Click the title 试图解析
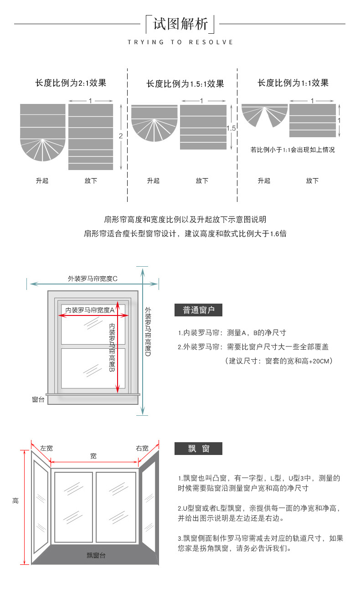click(x=180, y=24)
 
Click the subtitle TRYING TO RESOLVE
click(x=180, y=42)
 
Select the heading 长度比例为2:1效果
click(x=71, y=83)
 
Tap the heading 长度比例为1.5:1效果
click(x=185, y=84)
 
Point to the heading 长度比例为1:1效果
click(x=293, y=83)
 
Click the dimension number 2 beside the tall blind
click(x=121, y=136)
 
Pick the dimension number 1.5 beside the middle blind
click(x=231, y=129)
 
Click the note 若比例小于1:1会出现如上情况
click(x=293, y=150)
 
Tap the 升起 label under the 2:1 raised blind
click(x=42, y=181)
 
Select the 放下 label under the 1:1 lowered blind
click(x=312, y=181)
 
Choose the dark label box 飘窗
click(x=199, y=449)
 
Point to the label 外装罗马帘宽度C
click(x=93, y=279)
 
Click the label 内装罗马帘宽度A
click(x=89, y=310)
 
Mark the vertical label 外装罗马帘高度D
click(x=148, y=332)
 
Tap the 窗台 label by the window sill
click(x=38, y=399)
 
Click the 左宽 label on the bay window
click(x=46, y=449)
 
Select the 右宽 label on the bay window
click(x=142, y=449)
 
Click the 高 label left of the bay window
click(x=15, y=501)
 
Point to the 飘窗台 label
click(x=96, y=555)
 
